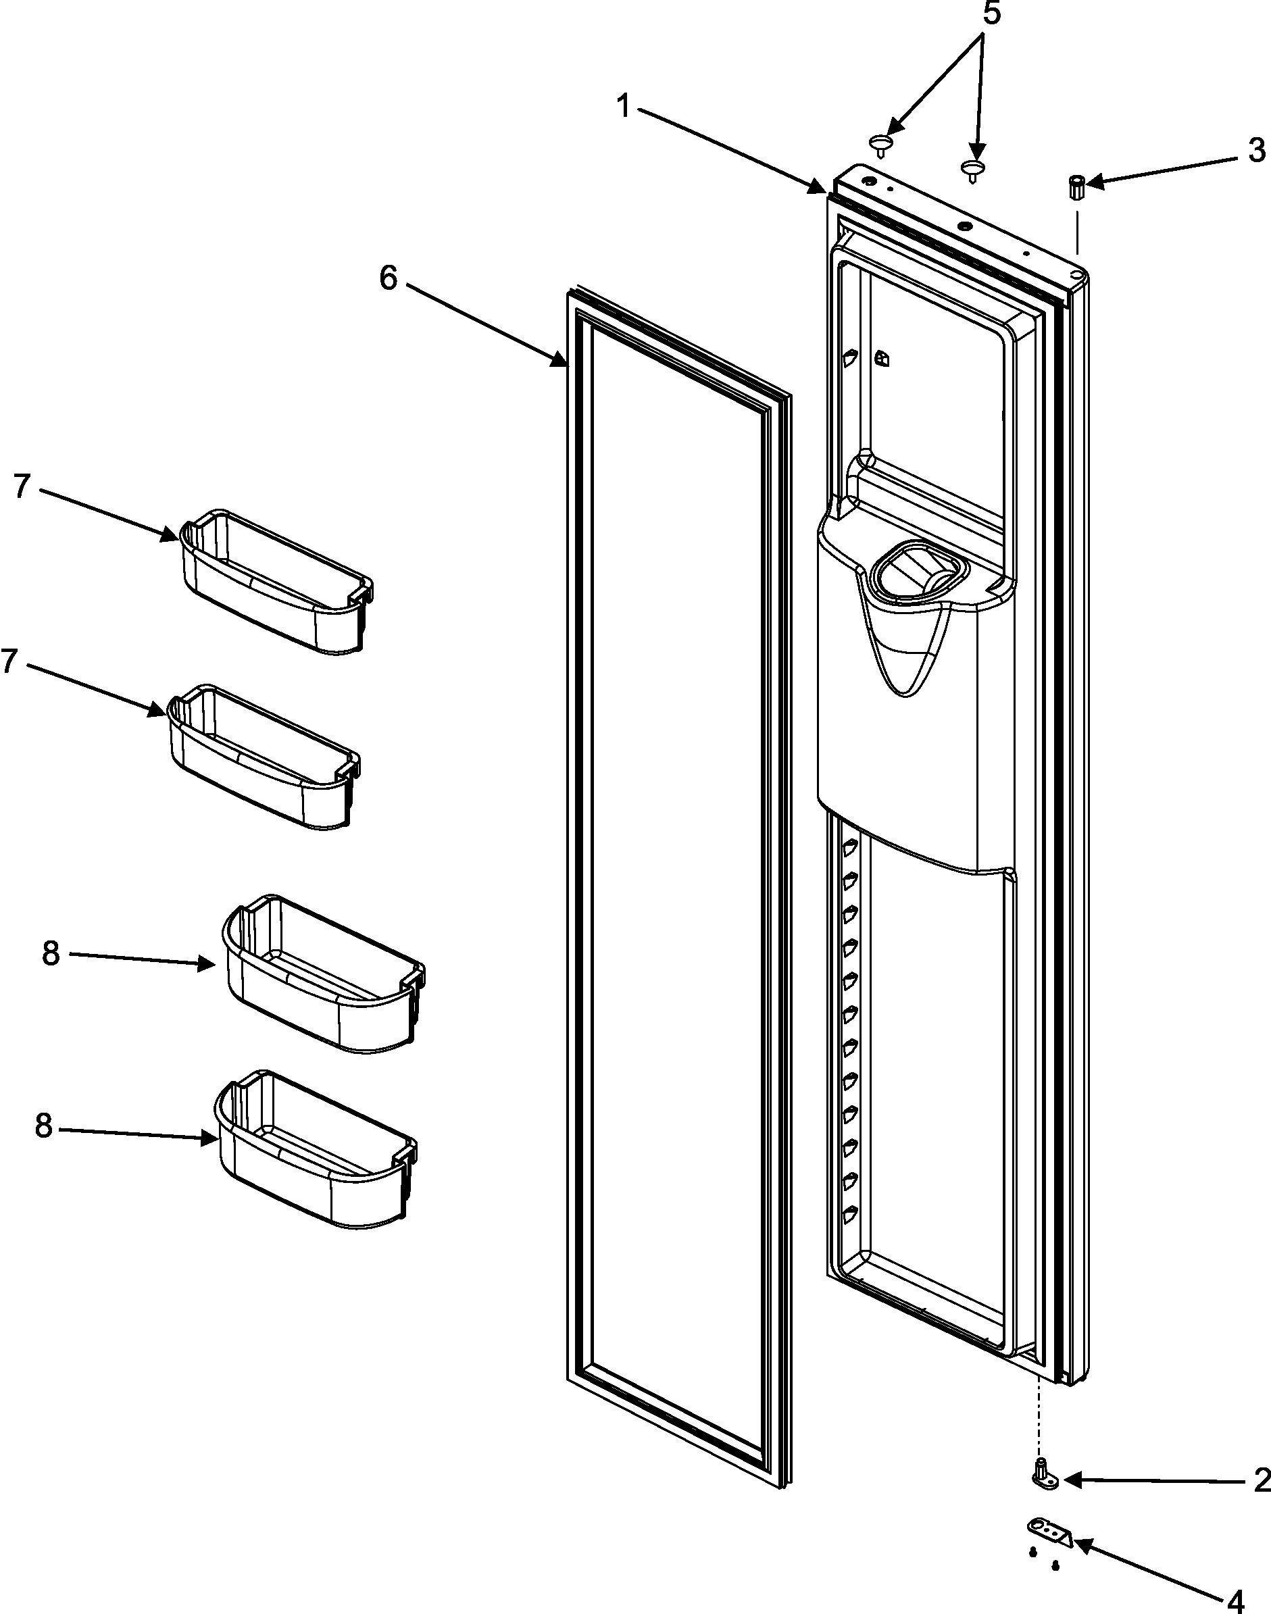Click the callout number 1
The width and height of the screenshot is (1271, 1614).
tap(623, 108)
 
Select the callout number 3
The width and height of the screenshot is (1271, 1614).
tap(1256, 151)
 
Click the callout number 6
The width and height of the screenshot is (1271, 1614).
tap(389, 278)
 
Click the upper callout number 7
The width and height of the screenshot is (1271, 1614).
tap(22, 486)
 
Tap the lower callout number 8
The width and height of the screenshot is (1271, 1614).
tap(44, 1126)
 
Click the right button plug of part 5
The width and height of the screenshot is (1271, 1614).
tap(972, 170)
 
